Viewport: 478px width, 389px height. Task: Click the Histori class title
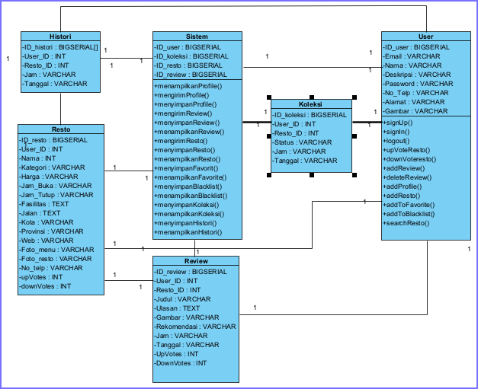click(60, 37)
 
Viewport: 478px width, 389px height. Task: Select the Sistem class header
click(197, 37)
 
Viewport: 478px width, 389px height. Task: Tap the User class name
click(426, 37)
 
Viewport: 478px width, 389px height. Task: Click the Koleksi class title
click(311, 105)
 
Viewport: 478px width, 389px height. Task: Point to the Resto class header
click(60, 130)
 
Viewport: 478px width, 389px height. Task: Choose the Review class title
click(196, 261)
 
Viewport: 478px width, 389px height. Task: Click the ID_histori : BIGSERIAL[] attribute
click(60, 46)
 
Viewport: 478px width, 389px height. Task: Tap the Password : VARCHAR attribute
click(420, 84)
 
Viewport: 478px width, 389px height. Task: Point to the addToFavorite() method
click(412, 205)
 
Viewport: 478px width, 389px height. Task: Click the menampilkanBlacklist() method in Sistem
click(192, 196)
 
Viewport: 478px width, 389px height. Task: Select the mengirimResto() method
click(183, 141)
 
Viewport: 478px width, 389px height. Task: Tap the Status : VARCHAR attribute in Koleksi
click(304, 142)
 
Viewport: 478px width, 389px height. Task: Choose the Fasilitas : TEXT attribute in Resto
click(47, 204)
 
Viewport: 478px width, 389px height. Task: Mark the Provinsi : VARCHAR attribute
click(53, 231)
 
